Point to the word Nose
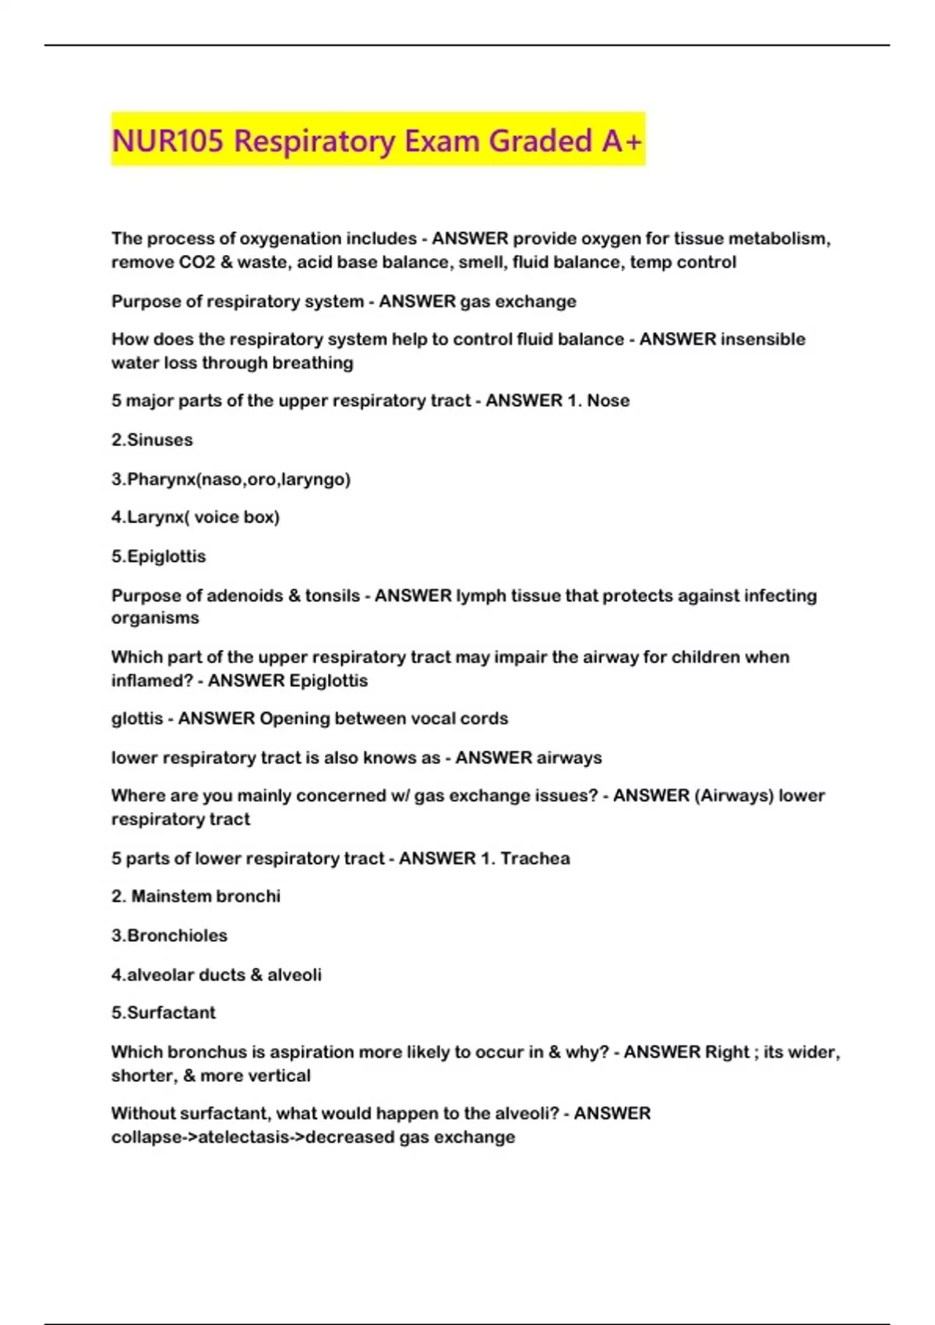[x=608, y=401]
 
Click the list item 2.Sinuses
[x=152, y=440]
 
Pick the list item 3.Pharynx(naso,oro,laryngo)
[x=231, y=479]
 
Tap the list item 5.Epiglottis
[x=158, y=556]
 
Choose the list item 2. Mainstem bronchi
[x=196, y=896]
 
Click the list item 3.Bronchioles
[x=169, y=935]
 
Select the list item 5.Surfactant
[x=163, y=1012]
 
